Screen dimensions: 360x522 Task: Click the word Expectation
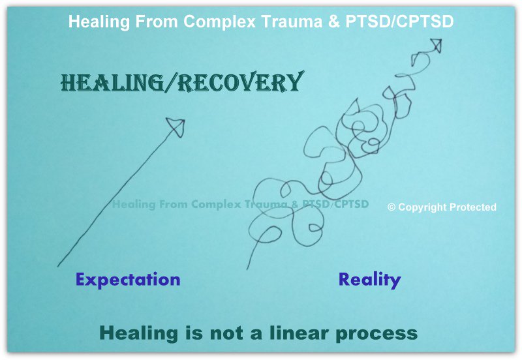point(128,280)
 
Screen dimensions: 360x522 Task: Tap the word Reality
point(369,280)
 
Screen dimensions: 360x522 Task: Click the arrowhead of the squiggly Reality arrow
point(436,46)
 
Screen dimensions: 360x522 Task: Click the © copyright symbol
point(391,207)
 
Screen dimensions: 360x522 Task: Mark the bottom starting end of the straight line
point(58,265)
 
